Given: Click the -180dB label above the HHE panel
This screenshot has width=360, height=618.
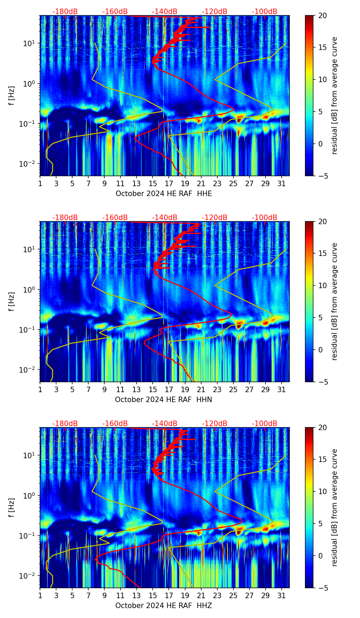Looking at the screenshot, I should (65, 12).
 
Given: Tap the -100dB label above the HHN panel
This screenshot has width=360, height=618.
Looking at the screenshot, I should (265, 218).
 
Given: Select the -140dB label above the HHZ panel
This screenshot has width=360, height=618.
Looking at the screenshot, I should (165, 424).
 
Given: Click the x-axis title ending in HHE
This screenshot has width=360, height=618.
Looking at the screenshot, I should (164, 194).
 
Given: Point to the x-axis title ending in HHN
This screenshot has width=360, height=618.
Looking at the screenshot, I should (164, 400).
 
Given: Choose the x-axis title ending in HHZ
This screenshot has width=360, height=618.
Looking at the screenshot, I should (164, 606).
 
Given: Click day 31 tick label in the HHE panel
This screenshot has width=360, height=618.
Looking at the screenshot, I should (281, 184).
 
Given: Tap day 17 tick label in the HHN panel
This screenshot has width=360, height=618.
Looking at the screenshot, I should (169, 390).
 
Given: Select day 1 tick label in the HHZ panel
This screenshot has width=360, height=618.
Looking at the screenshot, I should (40, 596).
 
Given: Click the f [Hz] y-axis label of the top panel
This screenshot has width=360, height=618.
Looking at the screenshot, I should (12, 95).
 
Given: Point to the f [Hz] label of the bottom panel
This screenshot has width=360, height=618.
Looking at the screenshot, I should (12, 507).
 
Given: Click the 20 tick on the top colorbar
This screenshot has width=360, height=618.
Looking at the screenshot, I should (322, 16).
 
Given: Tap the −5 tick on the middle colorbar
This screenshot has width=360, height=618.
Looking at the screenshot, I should (322, 382).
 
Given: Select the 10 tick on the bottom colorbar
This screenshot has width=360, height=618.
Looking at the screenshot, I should (322, 492).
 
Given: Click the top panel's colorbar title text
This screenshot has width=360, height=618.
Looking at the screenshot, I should (335, 95).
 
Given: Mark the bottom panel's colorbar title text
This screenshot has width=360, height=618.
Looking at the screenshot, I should (335, 507).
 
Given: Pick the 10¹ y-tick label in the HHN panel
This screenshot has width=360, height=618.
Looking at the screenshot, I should (30, 249).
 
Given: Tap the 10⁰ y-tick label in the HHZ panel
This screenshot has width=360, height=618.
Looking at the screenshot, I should (30, 495).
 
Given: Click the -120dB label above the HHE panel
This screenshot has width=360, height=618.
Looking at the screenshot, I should (215, 12).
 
